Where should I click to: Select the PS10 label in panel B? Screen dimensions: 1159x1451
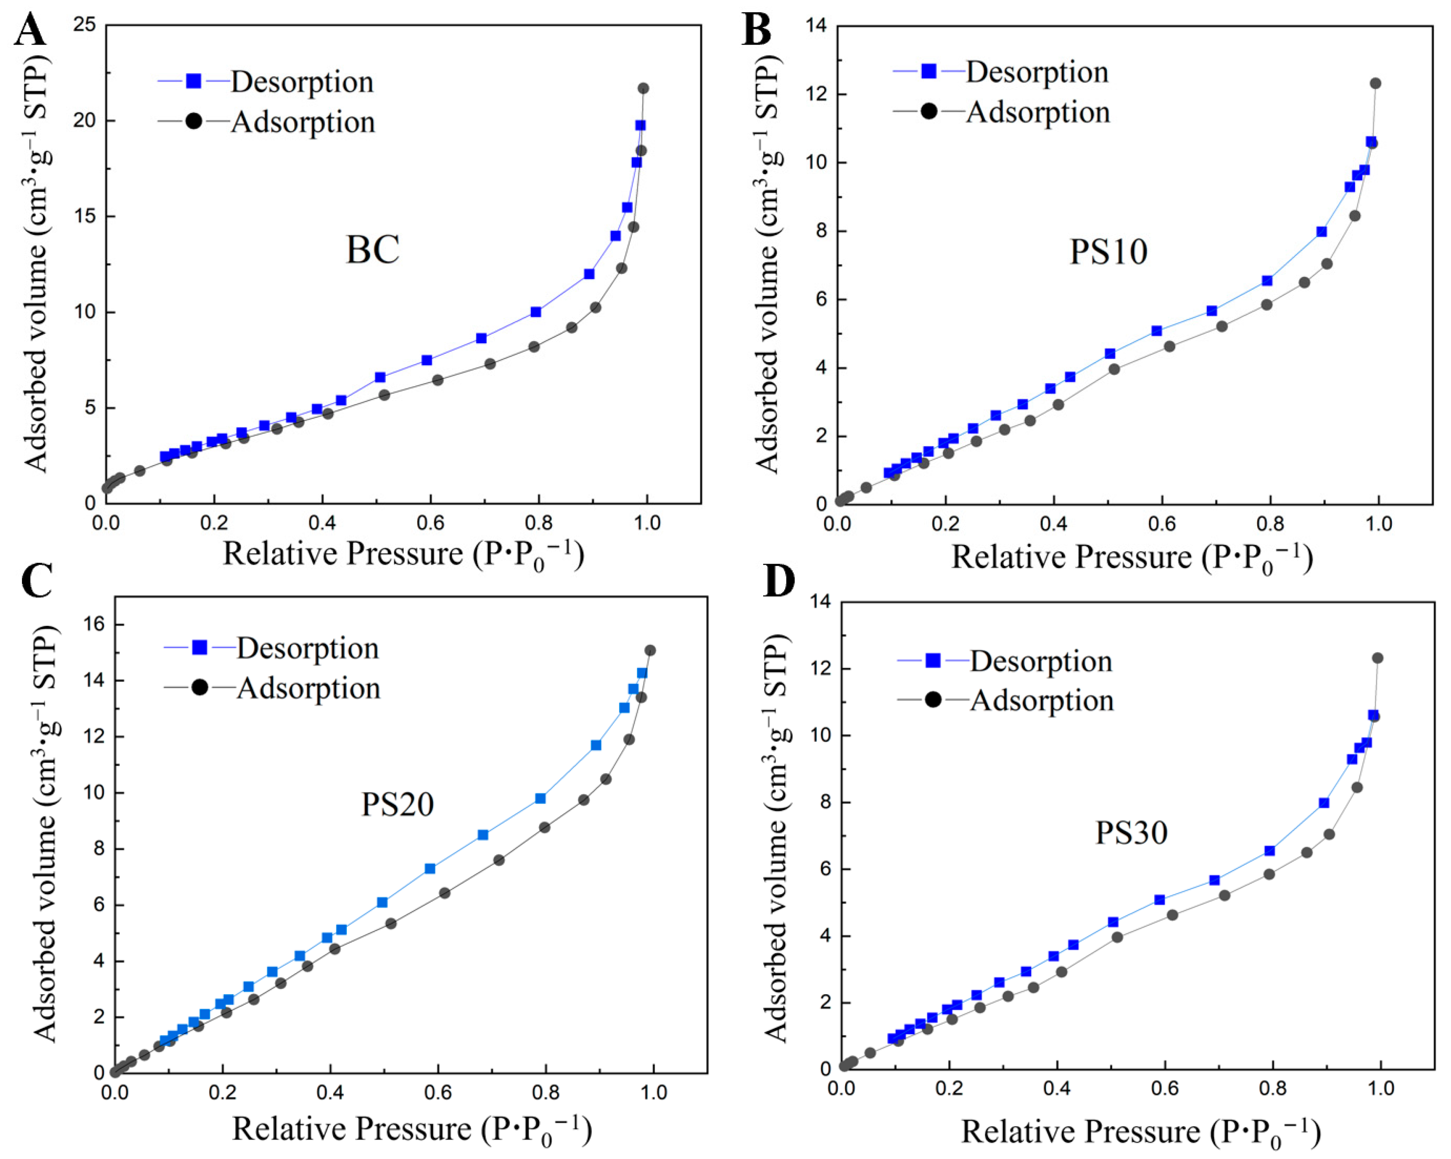pyautogui.click(x=1108, y=252)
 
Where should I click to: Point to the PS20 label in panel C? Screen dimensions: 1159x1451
pyautogui.click(x=397, y=804)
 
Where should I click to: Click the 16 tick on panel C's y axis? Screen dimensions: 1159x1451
pyautogui.click(x=94, y=625)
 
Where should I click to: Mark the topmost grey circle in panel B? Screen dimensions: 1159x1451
pyautogui.click(x=1376, y=83)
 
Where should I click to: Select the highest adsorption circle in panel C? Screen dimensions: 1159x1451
pyautogui.click(x=650, y=650)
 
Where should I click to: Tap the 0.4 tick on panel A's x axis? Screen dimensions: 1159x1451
pyautogui.click(x=322, y=523)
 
